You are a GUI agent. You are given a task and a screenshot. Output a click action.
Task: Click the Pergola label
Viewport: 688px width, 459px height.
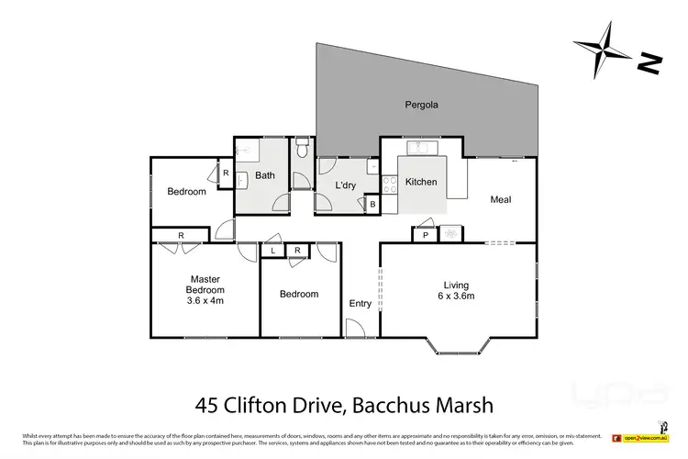[421, 105]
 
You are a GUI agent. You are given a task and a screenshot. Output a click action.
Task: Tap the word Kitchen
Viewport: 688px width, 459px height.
[421, 182]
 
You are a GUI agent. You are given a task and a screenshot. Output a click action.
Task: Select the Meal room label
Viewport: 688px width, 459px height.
[500, 199]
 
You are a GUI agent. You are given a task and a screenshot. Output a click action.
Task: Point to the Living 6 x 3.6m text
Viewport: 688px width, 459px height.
[456, 290]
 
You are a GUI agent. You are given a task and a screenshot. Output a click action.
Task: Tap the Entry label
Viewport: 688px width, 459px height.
[361, 304]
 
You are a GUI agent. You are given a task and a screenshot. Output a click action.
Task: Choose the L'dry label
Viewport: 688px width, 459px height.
[345, 185]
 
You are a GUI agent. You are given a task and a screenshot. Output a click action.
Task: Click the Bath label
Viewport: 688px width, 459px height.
[265, 175]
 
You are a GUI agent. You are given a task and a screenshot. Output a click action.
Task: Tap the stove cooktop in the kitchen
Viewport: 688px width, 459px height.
[389, 181]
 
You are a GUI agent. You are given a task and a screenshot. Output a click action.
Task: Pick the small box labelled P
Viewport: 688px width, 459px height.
[425, 235]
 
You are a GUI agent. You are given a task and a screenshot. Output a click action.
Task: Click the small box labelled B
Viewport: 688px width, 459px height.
[372, 204]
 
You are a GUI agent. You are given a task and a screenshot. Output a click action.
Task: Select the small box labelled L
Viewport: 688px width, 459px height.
[272, 251]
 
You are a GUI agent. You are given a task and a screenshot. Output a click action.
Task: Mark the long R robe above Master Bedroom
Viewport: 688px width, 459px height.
[182, 236]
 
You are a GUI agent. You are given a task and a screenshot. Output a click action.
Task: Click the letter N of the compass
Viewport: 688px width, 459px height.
[649, 63]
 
